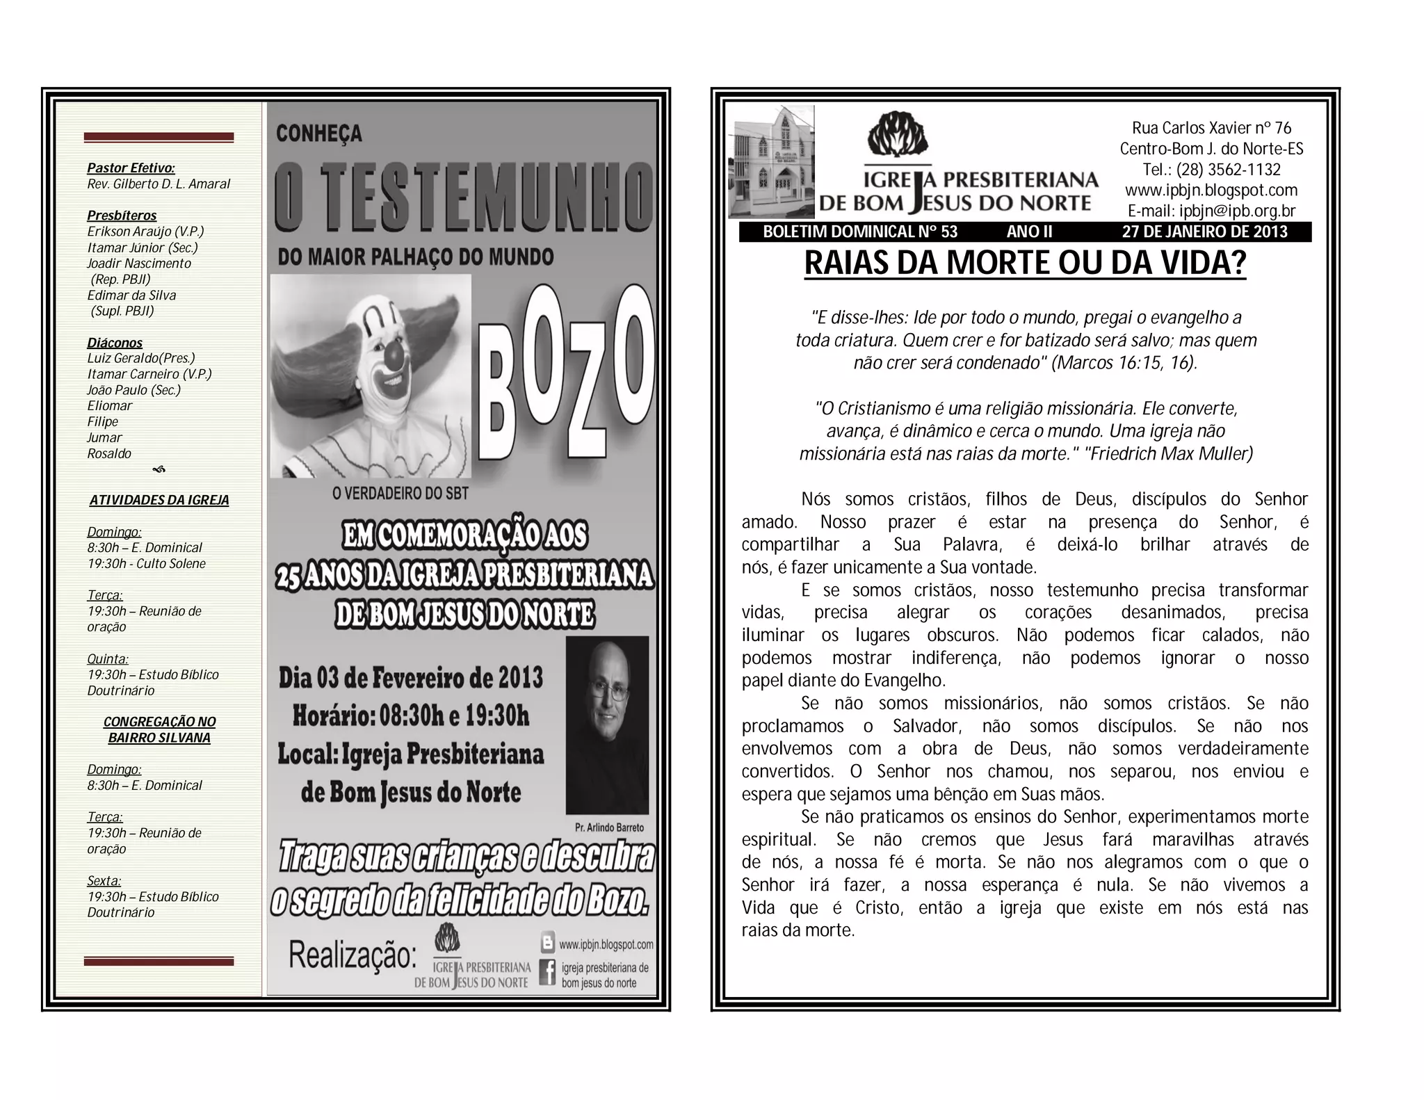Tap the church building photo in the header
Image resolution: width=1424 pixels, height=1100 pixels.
[x=771, y=161]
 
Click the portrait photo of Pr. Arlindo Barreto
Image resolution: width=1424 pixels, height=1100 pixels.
[x=607, y=725]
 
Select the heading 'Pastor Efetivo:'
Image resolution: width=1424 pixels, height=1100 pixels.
[x=131, y=168]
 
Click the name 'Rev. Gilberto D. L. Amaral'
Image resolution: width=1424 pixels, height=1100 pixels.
[x=159, y=184]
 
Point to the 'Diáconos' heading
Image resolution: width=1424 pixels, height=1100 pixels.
[x=115, y=343]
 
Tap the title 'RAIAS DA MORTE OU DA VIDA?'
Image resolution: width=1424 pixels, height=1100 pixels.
[x=1025, y=263]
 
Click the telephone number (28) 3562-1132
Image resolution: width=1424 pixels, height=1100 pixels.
[x=1211, y=170]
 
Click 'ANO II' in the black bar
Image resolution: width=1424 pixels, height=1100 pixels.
[x=1029, y=232]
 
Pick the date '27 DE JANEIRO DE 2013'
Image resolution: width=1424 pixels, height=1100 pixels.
[x=1204, y=232]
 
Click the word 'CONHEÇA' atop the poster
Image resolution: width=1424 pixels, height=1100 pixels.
[x=319, y=134]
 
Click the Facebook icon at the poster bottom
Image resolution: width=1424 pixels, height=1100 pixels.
[x=548, y=972]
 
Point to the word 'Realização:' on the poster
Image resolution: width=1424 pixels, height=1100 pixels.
[x=353, y=955]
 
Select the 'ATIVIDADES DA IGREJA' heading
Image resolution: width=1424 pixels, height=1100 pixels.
[x=159, y=501]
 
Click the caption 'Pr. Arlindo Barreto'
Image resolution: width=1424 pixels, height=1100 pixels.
[x=609, y=827]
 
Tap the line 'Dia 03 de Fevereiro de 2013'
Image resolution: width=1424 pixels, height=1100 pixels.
[x=411, y=678]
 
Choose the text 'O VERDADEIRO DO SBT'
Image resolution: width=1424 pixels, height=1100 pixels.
[x=400, y=494]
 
